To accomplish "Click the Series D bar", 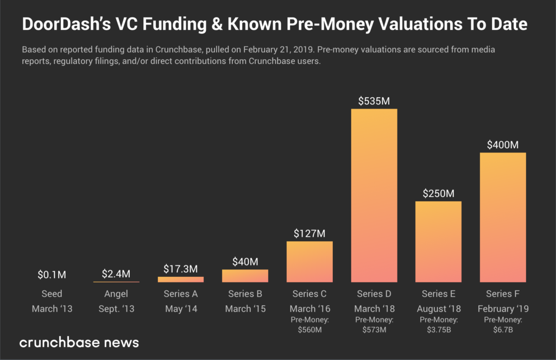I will (374, 195).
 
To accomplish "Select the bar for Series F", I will (502, 217).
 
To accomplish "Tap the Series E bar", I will (438, 242).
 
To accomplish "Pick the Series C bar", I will (309, 262).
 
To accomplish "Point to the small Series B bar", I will (245, 276).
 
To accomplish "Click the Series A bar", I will (181, 279).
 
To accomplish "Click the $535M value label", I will (374, 101).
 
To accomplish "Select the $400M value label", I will (502, 145).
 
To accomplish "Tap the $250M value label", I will (438, 194).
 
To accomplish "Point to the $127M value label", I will (309, 233).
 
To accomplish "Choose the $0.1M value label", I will (52, 275).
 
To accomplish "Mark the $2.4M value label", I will (116, 274).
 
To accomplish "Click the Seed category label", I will (52, 294).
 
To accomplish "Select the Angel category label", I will (116, 294).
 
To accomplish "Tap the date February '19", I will (502, 308).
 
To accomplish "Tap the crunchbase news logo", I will (79, 343).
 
